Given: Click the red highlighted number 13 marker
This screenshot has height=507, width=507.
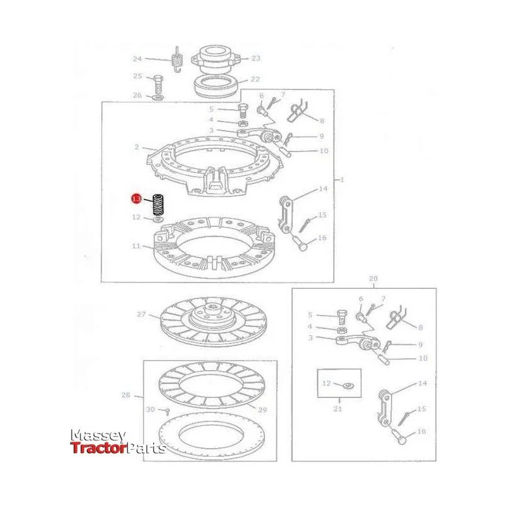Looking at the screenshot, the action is [136, 199].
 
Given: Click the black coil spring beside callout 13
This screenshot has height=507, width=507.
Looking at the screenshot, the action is [158, 205].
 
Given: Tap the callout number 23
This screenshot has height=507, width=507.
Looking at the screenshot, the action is [256, 58].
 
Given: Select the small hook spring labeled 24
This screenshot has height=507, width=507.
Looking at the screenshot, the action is [177, 60].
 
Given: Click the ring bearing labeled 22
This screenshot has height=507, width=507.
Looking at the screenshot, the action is [216, 86].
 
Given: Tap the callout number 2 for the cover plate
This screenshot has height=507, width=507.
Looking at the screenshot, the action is [137, 147].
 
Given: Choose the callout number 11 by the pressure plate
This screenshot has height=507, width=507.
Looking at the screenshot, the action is [136, 246].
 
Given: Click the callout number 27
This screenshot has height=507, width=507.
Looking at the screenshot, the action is [141, 314].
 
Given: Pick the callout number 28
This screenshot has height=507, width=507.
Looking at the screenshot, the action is [125, 395].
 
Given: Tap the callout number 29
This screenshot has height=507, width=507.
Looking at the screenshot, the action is [262, 410].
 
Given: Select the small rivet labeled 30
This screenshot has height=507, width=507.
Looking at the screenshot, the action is [167, 411].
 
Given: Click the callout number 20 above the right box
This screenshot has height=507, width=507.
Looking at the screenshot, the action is [373, 278].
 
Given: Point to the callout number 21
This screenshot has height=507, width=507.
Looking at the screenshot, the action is [338, 409].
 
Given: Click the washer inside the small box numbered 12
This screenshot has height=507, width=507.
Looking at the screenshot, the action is [348, 386].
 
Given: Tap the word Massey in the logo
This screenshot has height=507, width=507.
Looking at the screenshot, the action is [98, 436].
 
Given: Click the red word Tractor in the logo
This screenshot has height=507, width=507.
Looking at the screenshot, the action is [98, 448].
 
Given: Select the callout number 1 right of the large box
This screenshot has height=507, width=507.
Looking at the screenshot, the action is [342, 179].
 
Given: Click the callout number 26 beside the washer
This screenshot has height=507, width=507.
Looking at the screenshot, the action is [138, 95].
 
